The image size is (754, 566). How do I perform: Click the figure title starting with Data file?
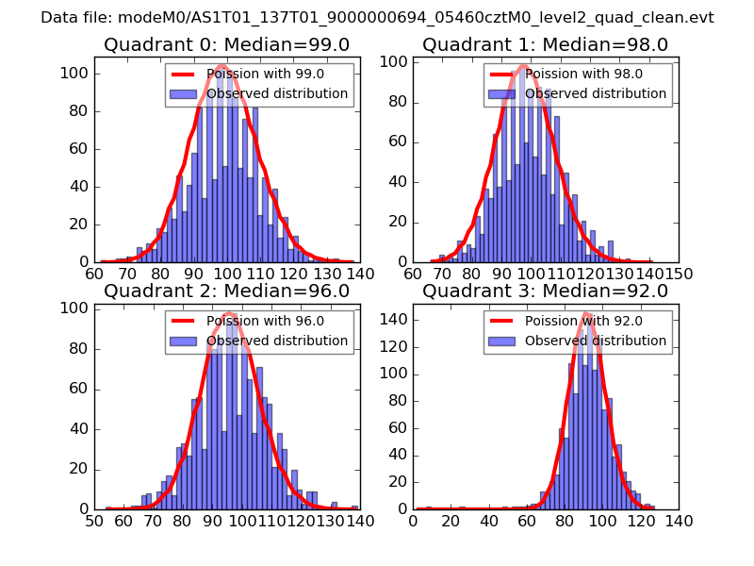tap(377, 18)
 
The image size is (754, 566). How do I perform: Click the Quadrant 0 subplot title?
tap(227, 45)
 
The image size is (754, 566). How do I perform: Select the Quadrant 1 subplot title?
tap(546, 45)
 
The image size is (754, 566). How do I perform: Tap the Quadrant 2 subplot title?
tap(227, 291)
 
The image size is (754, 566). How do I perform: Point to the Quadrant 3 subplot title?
tap(546, 291)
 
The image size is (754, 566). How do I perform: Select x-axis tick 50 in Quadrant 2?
tap(95, 521)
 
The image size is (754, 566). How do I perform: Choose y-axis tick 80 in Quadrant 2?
tap(78, 348)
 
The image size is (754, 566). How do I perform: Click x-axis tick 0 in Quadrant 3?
tap(414, 521)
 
